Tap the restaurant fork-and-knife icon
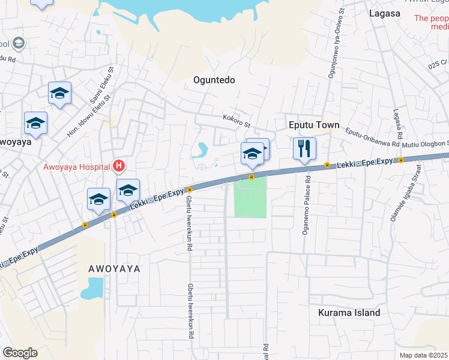[304, 146]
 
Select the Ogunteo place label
[214, 80]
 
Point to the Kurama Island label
[349, 313]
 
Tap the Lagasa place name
[385, 13]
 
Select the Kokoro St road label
[236, 121]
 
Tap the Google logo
[20, 352]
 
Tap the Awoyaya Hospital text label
[77, 167]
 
